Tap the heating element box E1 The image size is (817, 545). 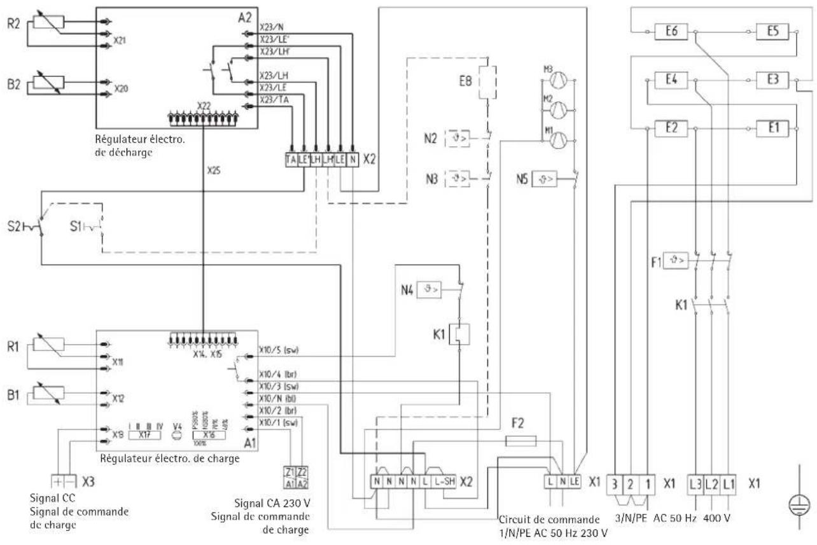773,127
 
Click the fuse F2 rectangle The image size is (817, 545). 520,440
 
